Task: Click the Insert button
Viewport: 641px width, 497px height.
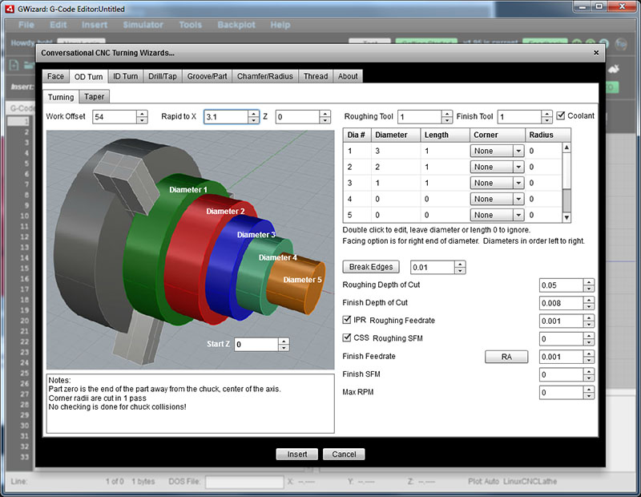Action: (x=297, y=455)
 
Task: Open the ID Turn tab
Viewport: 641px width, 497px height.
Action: (x=125, y=76)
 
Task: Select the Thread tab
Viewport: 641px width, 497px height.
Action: (x=315, y=76)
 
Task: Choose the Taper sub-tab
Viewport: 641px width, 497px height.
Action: (x=94, y=97)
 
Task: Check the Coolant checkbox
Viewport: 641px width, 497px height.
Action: (x=561, y=115)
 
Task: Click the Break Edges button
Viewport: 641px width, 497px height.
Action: (x=371, y=267)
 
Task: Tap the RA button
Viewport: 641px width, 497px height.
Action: (x=506, y=357)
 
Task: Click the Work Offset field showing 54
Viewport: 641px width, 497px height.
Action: (x=114, y=117)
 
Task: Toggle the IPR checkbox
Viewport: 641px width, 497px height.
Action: (x=347, y=321)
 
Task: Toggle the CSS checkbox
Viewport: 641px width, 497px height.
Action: (x=347, y=338)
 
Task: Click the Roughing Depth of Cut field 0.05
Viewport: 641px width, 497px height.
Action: (x=560, y=285)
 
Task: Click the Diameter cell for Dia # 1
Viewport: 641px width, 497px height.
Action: (x=396, y=151)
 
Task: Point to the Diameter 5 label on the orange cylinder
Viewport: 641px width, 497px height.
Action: (x=302, y=280)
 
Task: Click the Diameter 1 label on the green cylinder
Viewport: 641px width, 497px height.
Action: (x=188, y=190)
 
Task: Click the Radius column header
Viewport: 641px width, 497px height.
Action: (x=541, y=135)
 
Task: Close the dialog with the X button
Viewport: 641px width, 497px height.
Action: (x=595, y=53)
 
